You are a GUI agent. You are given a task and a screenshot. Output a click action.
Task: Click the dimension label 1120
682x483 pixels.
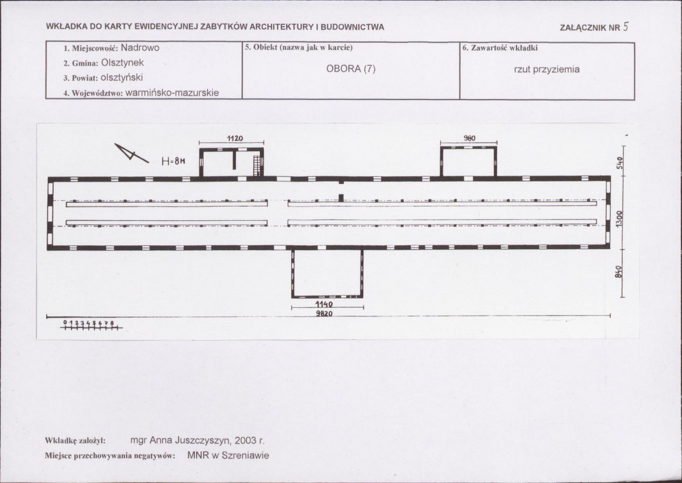click(235, 138)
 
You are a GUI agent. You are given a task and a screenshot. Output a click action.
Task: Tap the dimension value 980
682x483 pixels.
click(469, 138)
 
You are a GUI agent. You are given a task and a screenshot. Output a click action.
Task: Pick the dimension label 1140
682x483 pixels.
click(324, 304)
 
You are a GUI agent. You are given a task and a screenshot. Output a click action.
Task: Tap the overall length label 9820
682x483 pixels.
click(324, 313)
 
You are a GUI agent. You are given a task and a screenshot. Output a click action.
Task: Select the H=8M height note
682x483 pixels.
click(173, 161)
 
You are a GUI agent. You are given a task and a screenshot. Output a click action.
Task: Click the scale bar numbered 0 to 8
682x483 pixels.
click(92, 325)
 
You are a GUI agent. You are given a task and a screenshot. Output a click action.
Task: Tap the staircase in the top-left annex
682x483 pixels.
click(257, 166)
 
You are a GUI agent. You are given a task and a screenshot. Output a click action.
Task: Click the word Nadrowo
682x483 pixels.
click(140, 48)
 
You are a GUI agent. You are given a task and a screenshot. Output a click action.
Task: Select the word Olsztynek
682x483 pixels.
click(122, 63)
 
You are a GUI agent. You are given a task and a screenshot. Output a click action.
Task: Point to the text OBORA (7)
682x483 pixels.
click(350, 69)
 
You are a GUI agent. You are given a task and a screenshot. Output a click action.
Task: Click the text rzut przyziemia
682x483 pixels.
click(547, 69)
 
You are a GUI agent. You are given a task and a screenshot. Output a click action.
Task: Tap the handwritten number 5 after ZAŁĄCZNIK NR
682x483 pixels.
click(626, 27)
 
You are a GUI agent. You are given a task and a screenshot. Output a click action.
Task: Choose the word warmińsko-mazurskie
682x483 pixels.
click(172, 93)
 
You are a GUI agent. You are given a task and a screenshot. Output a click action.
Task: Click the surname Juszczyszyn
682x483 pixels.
click(202, 440)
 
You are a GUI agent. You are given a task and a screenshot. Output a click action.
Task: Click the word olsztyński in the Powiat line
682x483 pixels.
click(122, 78)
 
